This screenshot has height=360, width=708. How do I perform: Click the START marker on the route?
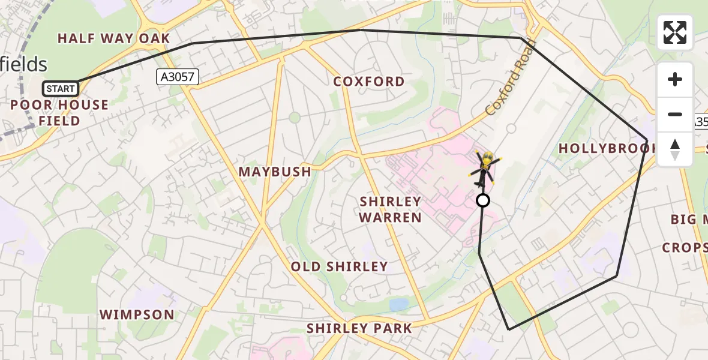pos(61,89)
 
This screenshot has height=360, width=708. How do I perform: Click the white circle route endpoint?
pos(483,200)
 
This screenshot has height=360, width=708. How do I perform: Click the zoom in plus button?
pos(675,79)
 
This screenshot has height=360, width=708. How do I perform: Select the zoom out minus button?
pos(675,114)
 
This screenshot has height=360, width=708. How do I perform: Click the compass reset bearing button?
pos(675,149)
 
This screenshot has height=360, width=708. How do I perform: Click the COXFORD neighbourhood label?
pos(369,82)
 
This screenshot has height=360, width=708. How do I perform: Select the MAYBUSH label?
pos(275,172)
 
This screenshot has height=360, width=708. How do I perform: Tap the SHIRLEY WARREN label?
pos(391,209)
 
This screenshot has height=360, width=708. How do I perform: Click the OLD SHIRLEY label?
pos(339,266)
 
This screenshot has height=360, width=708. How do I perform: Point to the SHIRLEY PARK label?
pos(359,328)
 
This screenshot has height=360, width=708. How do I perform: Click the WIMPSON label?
pos(137,314)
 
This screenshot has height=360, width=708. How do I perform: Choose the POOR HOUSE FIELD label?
pos(59,113)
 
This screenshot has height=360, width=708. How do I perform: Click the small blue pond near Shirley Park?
pos(399,305)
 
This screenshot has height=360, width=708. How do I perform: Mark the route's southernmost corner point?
pos(509,329)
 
